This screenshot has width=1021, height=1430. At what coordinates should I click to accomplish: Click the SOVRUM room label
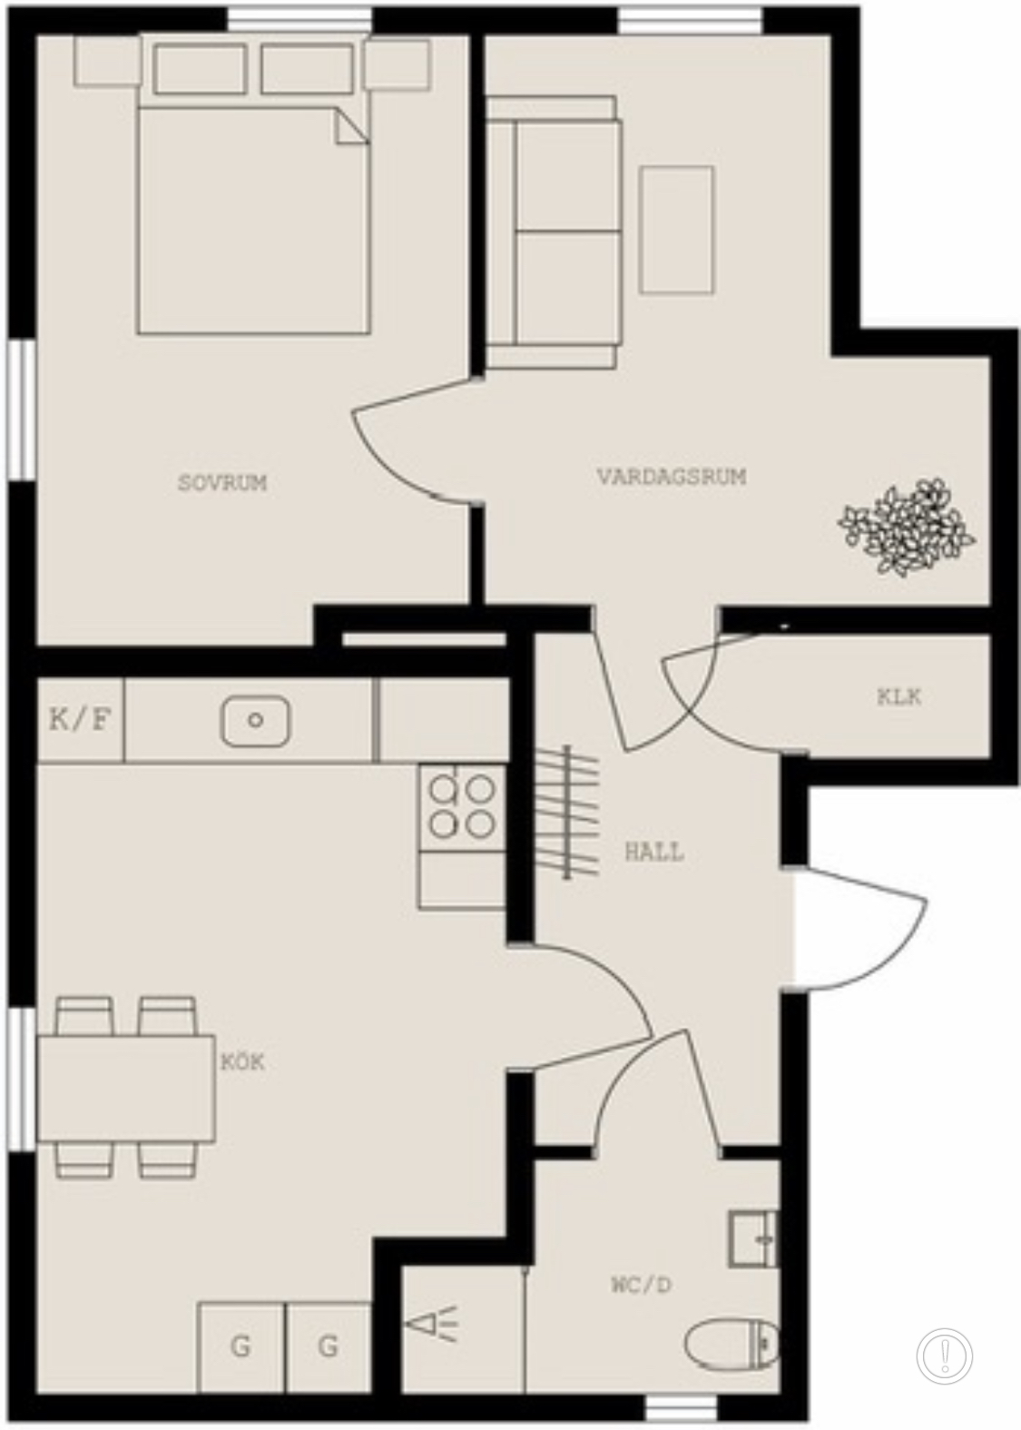click(x=222, y=483)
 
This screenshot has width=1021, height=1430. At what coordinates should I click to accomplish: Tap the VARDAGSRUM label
click(x=672, y=477)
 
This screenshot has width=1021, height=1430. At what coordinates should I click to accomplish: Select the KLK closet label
click(x=899, y=697)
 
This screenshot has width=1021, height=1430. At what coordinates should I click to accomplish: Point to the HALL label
click(x=654, y=853)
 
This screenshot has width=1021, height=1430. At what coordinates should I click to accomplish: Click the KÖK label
click(x=242, y=1063)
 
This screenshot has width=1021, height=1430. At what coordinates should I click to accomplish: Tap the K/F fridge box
click(x=81, y=721)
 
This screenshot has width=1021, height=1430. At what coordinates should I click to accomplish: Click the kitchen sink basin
click(x=255, y=721)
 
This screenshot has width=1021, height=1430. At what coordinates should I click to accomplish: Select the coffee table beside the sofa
click(x=677, y=230)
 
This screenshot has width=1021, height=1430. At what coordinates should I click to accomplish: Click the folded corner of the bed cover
click(x=351, y=125)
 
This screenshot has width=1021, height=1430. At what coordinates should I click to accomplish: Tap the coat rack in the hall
click(x=566, y=813)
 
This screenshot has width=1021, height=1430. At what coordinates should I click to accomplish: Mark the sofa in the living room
click(x=553, y=232)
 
